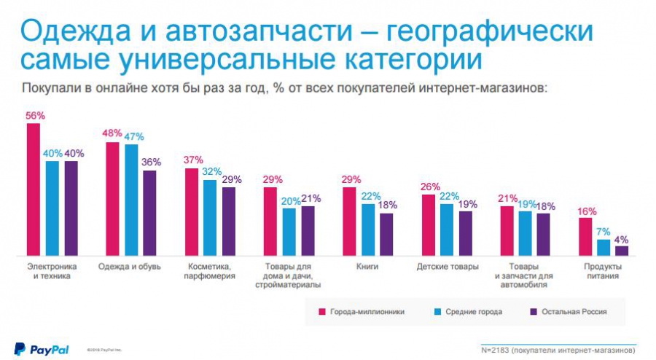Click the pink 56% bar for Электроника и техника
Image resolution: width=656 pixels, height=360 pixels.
point(34,189)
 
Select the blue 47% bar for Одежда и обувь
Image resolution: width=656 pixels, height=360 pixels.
point(131,199)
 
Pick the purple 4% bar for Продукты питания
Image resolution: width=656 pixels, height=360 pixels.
point(621,250)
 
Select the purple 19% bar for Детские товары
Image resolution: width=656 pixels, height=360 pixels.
point(465,232)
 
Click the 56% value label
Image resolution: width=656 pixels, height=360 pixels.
point(34,116)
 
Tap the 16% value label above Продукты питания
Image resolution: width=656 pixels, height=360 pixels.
point(586,211)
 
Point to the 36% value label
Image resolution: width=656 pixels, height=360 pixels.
point(151,163)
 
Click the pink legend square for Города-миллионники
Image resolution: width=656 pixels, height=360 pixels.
point(321,311)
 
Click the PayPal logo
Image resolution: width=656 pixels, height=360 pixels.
point(42,349)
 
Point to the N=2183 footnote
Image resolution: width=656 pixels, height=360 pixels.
point(558,351)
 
